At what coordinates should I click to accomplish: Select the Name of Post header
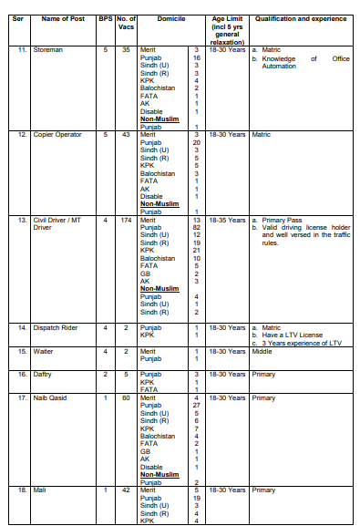click(x=62, y=19)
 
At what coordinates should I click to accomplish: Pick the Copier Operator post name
click(x=57, y=134)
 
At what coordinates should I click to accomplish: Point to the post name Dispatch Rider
click(x=54, y=326)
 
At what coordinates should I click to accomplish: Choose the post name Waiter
click(x=43, y=350)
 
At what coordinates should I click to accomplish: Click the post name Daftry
click(x=43, y=374)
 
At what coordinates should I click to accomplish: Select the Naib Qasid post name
click(x=51, y=397)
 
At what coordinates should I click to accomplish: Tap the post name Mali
click(x=39, y=490)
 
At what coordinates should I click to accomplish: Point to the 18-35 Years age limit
click(x=227, y=220)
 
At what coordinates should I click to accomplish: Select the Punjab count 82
click(x=196, y=227)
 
